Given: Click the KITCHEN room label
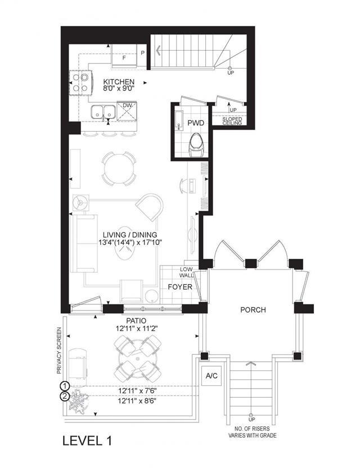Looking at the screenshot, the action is point(119,82).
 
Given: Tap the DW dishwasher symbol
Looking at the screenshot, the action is point(127,111).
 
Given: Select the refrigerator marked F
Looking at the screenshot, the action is point(124,56).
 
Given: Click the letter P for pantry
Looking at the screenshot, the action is point(143,53).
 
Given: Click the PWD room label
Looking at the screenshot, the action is point(196,123).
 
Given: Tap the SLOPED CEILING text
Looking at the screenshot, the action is point(232,121).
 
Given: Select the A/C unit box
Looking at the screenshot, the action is point(211,376).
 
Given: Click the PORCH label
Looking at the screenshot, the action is point(253,310).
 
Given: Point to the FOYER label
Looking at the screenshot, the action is point(180,287).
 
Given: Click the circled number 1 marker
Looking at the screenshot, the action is point(65,386).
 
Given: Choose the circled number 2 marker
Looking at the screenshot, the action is point(65,397).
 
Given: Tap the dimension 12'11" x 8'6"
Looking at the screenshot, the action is point(137,401).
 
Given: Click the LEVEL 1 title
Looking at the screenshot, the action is point(87,440).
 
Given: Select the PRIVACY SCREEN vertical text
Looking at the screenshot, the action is point(59,350).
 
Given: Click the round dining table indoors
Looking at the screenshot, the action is point(119,169).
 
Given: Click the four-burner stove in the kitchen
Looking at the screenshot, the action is point(80,83).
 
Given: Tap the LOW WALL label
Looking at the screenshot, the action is point(186,272).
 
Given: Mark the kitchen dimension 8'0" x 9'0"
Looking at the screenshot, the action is point(119,88).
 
